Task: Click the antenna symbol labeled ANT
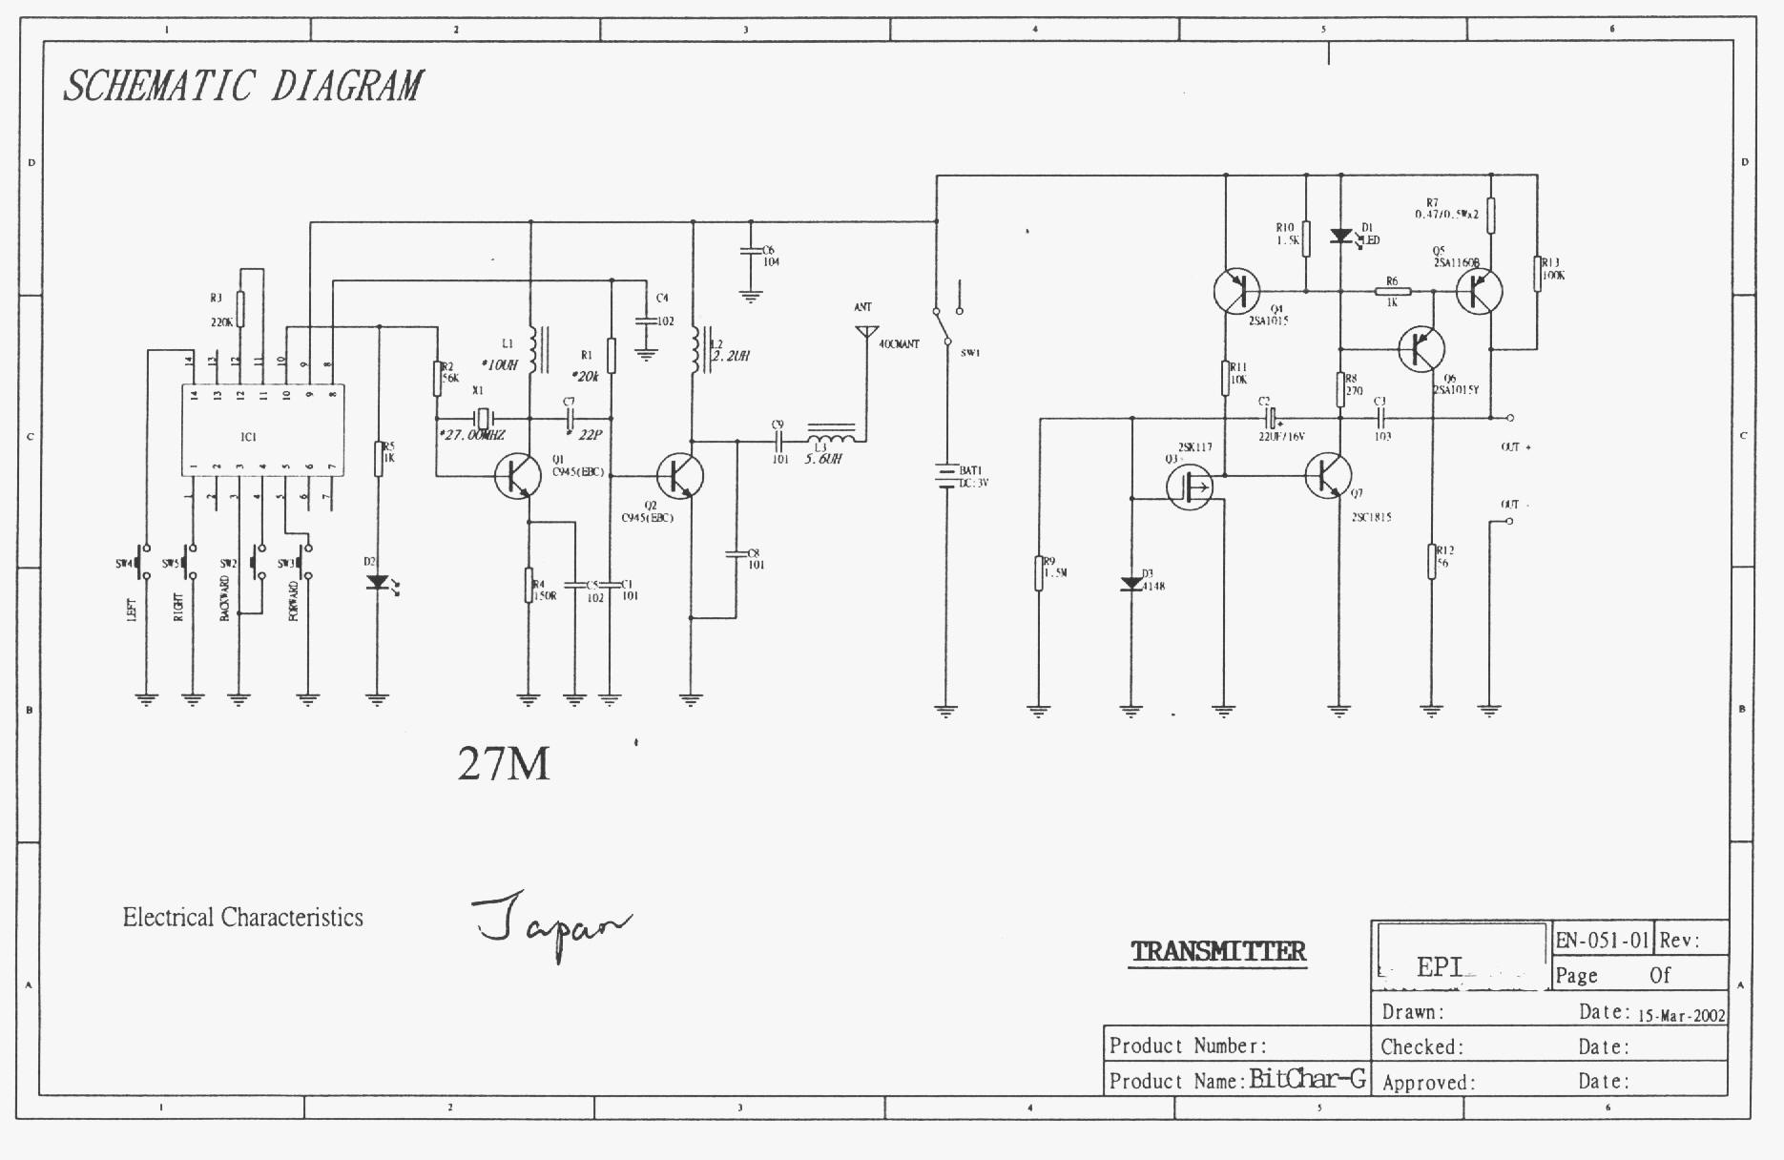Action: click(x=865, y=332)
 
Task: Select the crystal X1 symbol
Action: click(x=484, y=418)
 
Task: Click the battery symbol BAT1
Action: click(x=945, y=475)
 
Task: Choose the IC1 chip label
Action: click(x=249, y=437)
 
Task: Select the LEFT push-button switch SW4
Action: click(x=145, y=562)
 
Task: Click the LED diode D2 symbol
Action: click(x=378, y=581)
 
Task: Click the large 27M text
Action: click(x=503, y=763)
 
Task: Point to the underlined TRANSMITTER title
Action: click(x=1217, y=951)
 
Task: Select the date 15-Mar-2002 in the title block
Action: click(x=1681, y=1015)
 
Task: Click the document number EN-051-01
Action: click(x=1602, y=940)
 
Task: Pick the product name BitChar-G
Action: click(x=1307, y=1079)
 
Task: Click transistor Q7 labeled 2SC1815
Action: click(x=1329, y=474)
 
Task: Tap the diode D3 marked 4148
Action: click(x=1131, y=583)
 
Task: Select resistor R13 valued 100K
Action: click(x=1537, y=273)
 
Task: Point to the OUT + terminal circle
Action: click(x=1509, y=418)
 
